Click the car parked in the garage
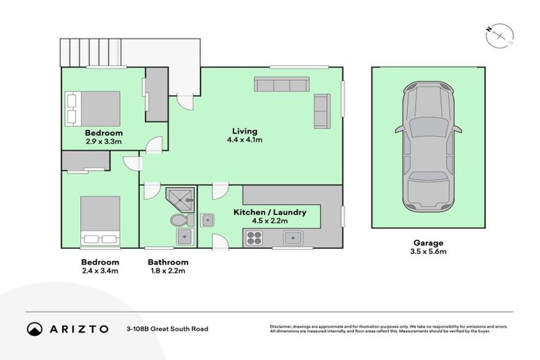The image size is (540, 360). coord(427,148)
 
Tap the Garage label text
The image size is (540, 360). coord(428,242)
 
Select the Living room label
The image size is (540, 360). coord(245,131)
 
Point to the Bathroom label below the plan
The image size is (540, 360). coord(168,262)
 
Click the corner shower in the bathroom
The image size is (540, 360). coord(180,200)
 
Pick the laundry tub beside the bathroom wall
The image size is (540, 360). coord(207,220)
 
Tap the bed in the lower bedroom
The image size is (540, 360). coord(99,220)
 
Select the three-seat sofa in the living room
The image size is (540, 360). coord(281,85)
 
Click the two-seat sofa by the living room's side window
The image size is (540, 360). coord(322,110)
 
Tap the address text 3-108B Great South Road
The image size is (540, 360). coord(167,328)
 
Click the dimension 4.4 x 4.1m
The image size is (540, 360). coord(245,140)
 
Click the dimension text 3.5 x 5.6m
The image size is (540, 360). coord(428,251)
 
